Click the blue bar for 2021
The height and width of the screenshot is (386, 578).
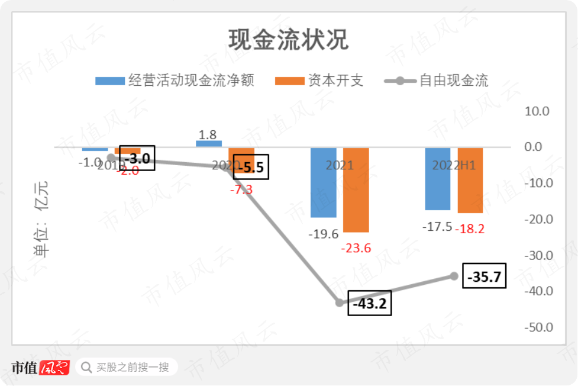tap(324, 182)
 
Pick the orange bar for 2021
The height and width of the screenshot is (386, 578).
tap(356, 189)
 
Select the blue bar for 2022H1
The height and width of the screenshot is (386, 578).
tap(438, 179)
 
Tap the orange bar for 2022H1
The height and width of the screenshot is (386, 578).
tap(470, 180)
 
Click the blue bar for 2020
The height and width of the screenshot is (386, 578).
tap(209, 143)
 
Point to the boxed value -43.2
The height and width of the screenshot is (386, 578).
tap(370, 303)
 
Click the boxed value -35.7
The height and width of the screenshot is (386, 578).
tap(485, 276)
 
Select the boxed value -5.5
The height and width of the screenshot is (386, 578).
tap(251, 167)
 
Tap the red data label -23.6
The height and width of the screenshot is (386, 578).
tap(356, 248)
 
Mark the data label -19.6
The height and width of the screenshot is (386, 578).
tap(323, 234)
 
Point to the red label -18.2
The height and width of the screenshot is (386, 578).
tap(470, 229)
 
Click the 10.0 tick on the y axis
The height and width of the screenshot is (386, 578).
tap(538, 111)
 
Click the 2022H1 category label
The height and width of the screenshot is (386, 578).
tap(454, 165)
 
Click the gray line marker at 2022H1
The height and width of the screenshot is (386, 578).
tap(454, 276)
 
